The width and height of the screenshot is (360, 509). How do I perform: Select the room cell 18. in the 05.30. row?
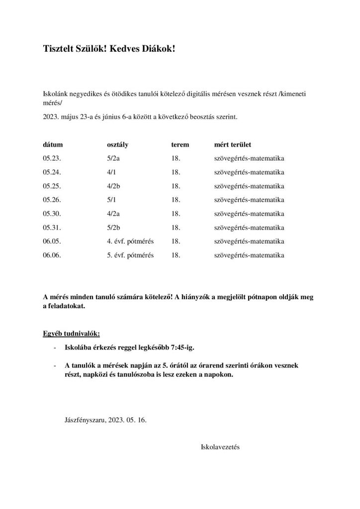(x=175, y=214)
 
